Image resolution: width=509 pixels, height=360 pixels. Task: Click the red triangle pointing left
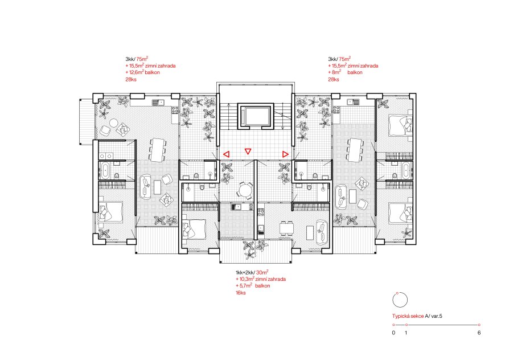click(226, 154)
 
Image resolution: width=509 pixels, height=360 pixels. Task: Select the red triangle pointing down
click(248, 151)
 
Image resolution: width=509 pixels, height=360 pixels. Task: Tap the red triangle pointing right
click(285, 154)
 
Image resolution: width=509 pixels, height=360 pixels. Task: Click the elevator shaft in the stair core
click(256, 116)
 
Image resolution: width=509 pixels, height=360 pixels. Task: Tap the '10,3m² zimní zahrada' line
click(262, 279)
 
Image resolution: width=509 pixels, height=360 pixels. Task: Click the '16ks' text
click(240, 293)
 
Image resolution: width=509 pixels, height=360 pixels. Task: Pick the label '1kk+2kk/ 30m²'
click(252, 272)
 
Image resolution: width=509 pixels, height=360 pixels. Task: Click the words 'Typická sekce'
click(408, 316)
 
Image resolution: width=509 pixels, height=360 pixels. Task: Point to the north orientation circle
click(400, 300)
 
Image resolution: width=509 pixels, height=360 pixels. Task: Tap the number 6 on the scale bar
click(479, 333)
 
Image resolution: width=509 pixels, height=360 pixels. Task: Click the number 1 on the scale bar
click(406, 333)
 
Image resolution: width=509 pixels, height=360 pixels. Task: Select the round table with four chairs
click(245, 190)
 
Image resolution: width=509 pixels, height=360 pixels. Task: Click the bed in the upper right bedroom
click(401, 125)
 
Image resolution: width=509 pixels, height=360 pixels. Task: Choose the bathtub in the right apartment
click(406, 170)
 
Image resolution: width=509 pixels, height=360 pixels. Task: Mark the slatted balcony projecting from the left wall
click(87, 121)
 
